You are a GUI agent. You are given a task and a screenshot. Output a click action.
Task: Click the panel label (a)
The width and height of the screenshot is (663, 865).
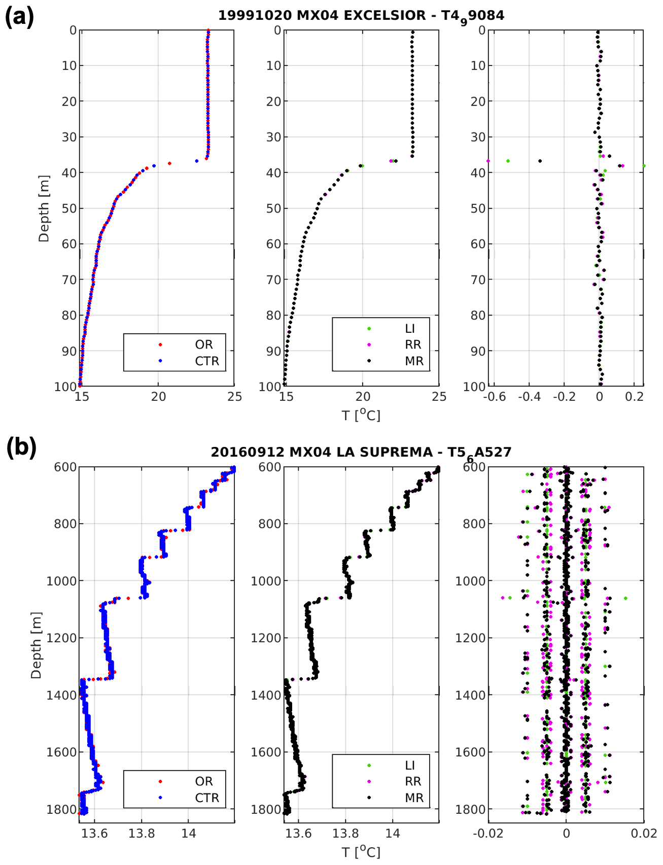click(x=19, y=17)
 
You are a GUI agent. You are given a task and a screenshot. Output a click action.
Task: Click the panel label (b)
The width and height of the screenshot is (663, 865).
click(x=21, y=448)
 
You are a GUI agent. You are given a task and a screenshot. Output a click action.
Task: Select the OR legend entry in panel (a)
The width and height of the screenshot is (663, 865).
click(x=203, y=344)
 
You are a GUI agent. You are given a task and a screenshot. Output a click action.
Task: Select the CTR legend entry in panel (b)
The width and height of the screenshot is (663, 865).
click(x=206, y=798)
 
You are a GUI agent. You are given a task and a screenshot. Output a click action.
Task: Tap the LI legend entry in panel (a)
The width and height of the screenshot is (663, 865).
click(x=409, y=329)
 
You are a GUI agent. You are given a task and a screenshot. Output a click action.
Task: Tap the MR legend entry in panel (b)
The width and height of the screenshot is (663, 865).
click(x=413, y=798)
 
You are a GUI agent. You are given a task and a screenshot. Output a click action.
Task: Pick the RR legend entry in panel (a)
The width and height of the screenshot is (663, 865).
click(x=412, y=345)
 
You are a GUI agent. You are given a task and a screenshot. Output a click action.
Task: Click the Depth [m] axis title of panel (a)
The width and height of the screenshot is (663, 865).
click(x=44, y=209)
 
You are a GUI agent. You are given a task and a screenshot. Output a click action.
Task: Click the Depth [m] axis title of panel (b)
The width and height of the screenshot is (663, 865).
click(x=36, y=645)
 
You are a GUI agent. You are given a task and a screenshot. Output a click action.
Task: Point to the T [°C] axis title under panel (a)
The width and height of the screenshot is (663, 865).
click(x=361, y=416)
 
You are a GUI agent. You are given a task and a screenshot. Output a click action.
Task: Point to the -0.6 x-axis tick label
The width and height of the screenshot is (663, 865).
click(x=494, y=397)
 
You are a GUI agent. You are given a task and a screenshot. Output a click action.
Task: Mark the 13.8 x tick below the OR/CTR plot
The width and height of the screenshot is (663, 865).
click(x=142, y=833)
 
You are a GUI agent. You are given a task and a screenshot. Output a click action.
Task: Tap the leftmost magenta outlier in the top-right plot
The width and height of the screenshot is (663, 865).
click(x=488, y=161)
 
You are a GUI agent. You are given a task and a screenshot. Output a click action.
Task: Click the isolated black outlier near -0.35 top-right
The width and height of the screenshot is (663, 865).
click(x=540, y=161)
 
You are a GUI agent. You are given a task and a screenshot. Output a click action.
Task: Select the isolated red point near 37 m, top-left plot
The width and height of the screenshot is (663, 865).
click(x=169, y=163)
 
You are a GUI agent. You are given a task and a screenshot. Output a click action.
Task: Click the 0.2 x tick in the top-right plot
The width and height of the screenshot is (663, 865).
click(x=634, y=397)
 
